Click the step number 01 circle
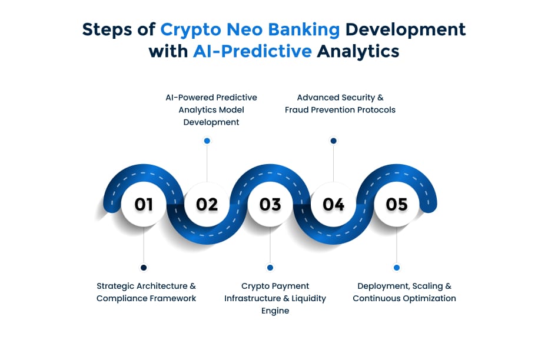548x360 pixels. (144, 204)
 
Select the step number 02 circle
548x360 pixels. (207, 204)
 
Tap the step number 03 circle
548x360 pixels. (270, 204)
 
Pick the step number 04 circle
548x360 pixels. (333, 204)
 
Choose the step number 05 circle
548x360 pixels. (397, 204)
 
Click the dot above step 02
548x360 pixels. (207, 141)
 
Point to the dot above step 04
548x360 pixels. (333, 141)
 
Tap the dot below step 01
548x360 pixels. (144, 268)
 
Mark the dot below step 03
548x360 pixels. (270, 268)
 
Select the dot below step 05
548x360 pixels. (397, 268)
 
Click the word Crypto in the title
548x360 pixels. (191, 30)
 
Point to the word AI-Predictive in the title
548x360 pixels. (253, 51)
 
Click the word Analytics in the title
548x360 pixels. (358, 52)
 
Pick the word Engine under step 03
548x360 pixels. (275, 311)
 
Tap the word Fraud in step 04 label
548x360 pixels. (297, 109)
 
